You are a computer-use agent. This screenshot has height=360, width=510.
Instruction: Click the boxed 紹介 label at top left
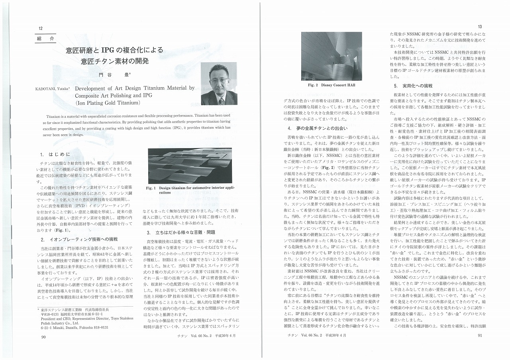tap(45, 39)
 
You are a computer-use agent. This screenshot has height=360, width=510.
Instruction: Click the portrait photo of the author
tap(219, 84)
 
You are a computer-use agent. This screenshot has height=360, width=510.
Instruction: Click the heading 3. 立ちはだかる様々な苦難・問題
tap(181, 233)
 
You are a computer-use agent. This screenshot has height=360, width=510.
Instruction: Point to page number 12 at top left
tap(41, 28)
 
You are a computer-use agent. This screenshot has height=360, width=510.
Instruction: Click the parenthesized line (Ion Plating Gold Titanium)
tap(108, 102)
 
